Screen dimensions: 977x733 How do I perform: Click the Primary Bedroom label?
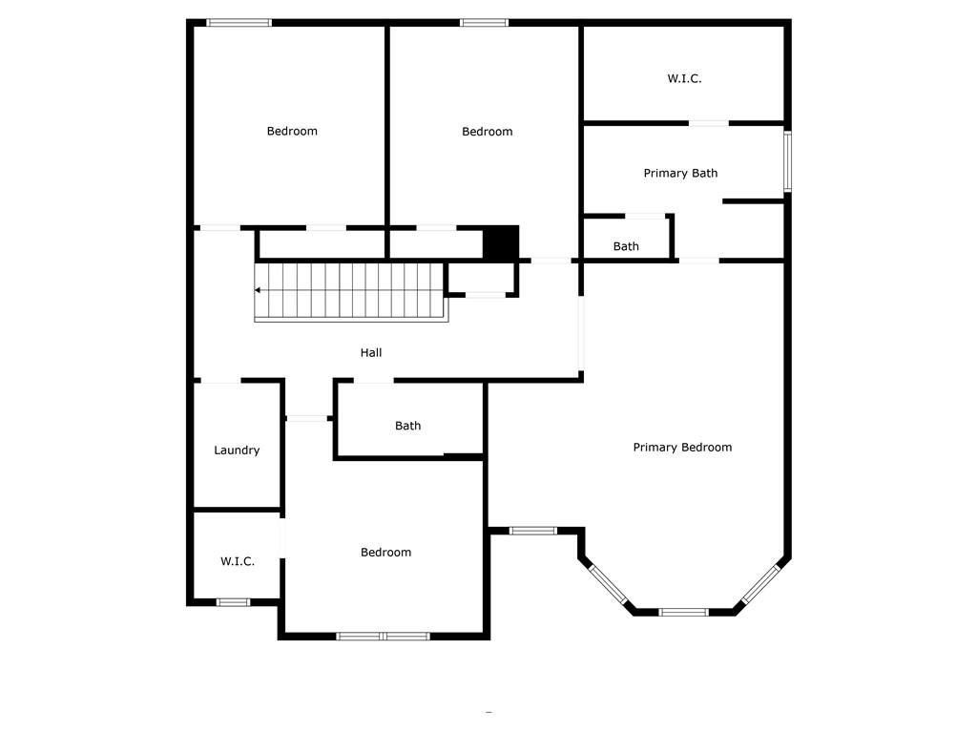coord(682,448)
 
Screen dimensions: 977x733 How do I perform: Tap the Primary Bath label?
coord(680,174)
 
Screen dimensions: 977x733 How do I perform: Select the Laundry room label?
coord(237,450)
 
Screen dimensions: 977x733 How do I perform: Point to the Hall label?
coord(371,353)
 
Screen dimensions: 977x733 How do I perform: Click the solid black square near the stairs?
coord(501,241)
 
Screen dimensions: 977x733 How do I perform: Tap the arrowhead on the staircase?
coord(258,290)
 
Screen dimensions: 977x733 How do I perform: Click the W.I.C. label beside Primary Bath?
coord(684,78)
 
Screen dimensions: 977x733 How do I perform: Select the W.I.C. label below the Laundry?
coord(238,561)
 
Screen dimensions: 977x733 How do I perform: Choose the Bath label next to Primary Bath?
coord(626,247)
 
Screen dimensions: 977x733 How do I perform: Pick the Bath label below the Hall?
coord(408,427)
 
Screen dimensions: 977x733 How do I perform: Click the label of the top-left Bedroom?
coord(292,131)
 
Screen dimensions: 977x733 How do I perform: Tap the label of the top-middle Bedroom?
coord(488,132)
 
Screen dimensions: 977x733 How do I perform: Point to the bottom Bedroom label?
coord(385,553)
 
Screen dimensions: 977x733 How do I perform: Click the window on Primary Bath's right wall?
coord(787,161)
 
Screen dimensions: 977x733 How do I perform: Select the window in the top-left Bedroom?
coord(239,23)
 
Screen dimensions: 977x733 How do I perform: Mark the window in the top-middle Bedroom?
coord(484,23)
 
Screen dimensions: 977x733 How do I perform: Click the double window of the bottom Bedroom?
coord(383,637)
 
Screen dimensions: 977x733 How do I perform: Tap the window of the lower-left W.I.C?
coord(233,603)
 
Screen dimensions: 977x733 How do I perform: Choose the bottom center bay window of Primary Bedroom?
coord(683,612)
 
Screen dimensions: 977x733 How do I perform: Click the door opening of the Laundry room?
coord(220,380)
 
